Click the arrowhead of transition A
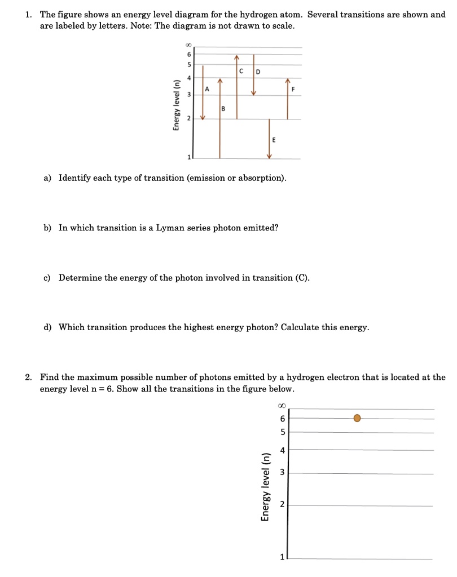(203, 117)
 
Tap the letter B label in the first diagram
(223, 108)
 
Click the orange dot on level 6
(357, 418)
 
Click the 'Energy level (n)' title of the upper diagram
(176, 105)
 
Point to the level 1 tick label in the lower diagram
(282, 558)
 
